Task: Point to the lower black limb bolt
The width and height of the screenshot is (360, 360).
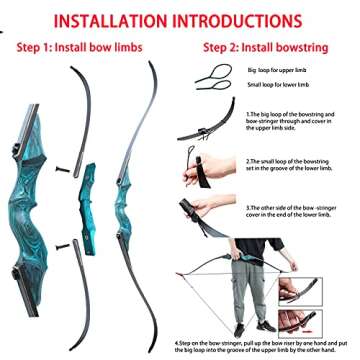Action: (x=65, y=244)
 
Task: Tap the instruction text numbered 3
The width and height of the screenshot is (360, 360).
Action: (x=300, y=211)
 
